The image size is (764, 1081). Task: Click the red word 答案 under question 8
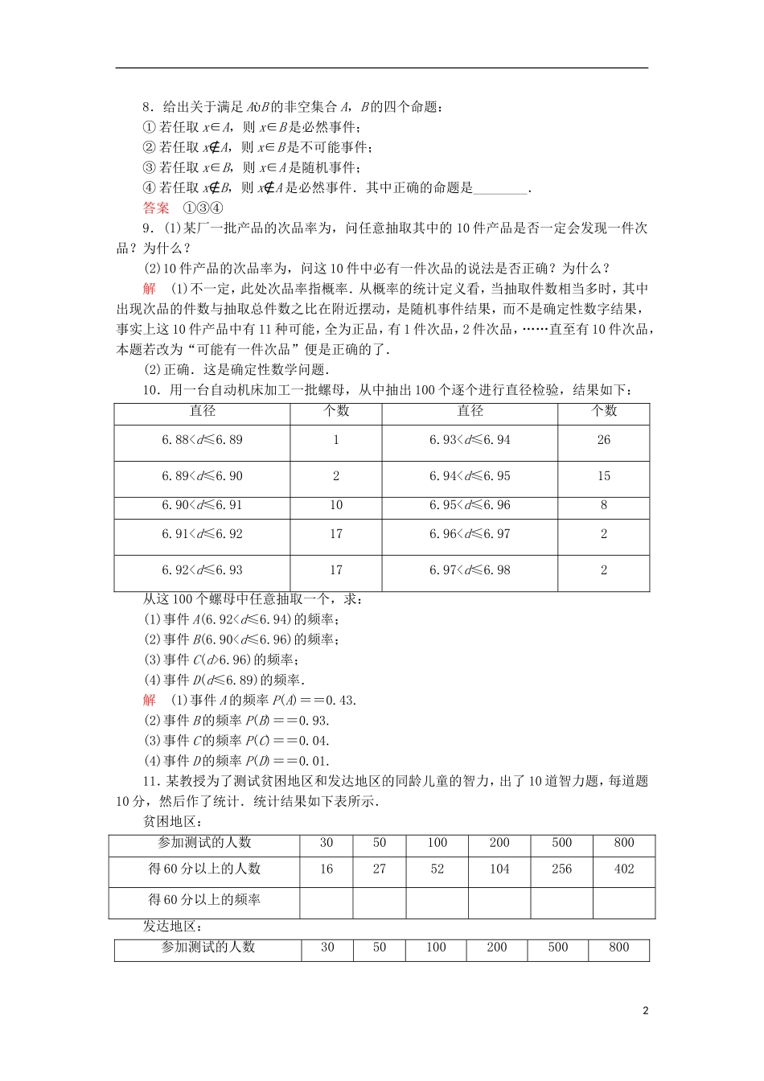(x=156, y=208)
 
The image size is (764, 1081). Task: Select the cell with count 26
(x=603, y=440)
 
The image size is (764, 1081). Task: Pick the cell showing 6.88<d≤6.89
(x=202, y=440)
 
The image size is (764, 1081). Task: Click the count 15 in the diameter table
(x=603, y=476)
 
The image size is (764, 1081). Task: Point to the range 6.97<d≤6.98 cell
(x=470, y=570)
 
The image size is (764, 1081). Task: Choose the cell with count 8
(x=603, y=505)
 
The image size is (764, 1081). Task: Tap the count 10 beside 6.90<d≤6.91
(x=335, y=505)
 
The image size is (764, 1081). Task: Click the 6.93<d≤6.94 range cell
(x=470, y=440)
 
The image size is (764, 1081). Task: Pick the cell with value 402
(x=623, y=869)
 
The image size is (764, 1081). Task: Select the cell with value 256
(x=561, y=869)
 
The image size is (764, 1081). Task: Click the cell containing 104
(x=499, y=869)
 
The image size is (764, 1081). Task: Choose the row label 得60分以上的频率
(x=204, y=900)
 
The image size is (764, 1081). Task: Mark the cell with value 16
(x=326, y=869)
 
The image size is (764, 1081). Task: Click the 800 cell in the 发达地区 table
(x=618, y=947)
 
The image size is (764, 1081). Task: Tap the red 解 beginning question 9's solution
(x=150, y=289)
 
